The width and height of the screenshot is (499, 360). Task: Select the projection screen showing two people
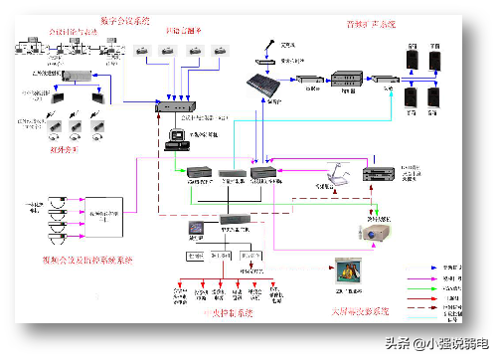(x=348, y=270)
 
